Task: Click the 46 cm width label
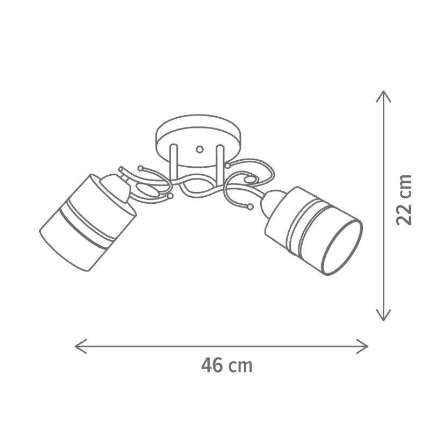pyautogui.click(x=226, y=366)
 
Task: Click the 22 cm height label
pyautogui.click(x=404, y=200)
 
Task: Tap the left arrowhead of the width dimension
pyautogui.click(x=80, y=346)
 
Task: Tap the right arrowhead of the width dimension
pyautogui.click(x=362, y=346)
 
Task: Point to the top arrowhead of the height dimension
pyautogui.click(x=383, y=96)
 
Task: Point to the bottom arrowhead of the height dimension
pyautogui.click(x=383, y=315)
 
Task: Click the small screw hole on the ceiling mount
pyautogui.click(x=200, y=149)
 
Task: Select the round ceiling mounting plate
pyautogui.click(x=198, y=141)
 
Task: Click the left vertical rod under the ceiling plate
pyautogui.click(x=174, y=162)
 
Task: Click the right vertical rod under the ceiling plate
pyautogui.click(x=220, y=162)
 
